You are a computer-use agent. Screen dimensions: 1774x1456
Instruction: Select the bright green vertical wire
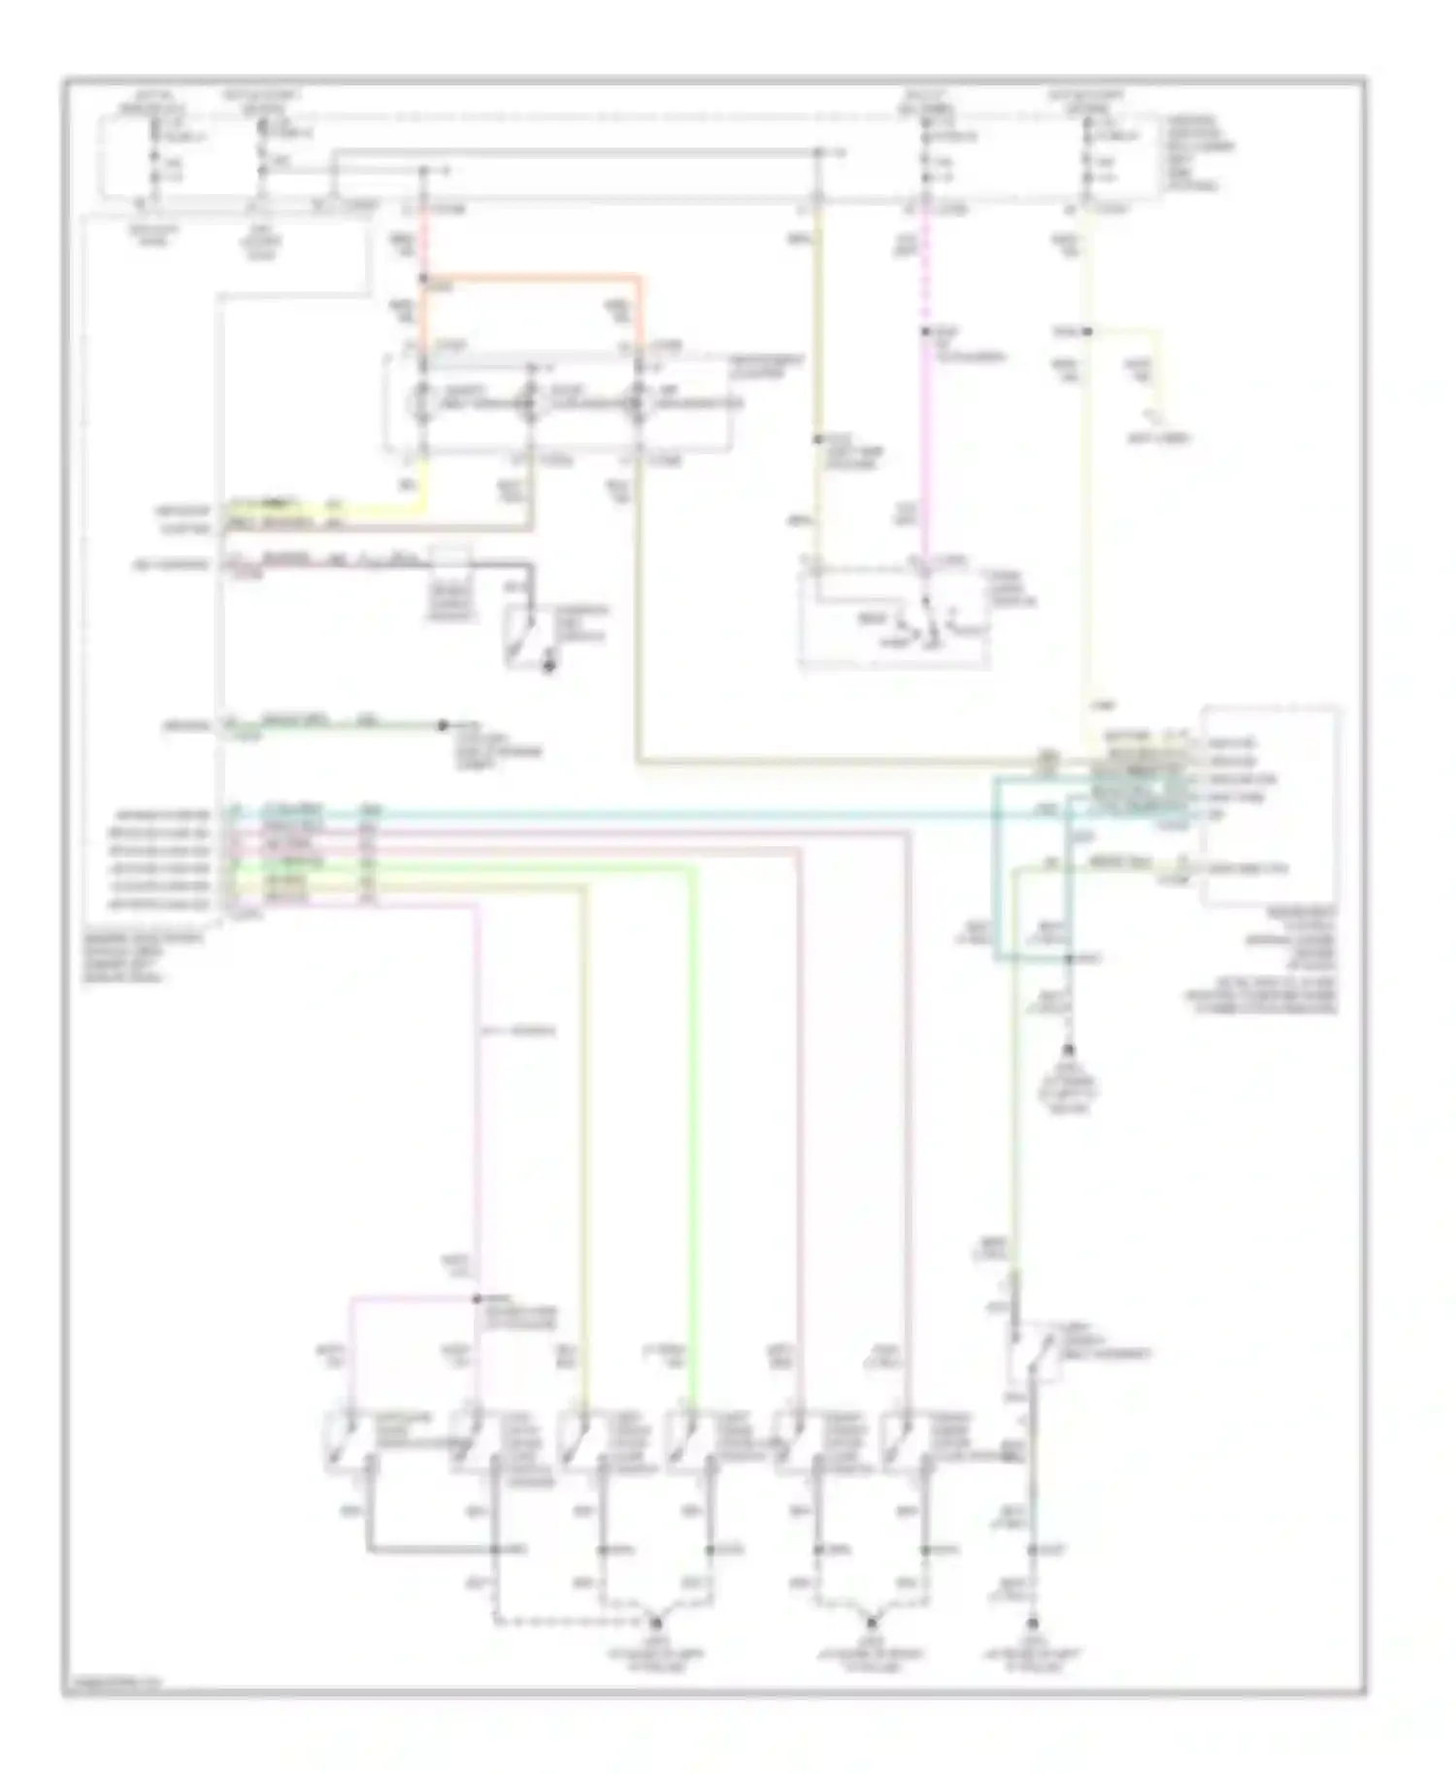(x=694, y=1116)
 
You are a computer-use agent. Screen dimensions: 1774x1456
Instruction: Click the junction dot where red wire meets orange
(x=423, y=280)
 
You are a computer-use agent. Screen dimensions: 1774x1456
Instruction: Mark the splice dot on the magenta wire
(x=926, y=332)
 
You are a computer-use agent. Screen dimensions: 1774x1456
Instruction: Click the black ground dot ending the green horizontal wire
(x=443, y=725)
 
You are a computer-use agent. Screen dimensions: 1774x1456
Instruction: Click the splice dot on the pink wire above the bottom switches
(x=478, y=1298)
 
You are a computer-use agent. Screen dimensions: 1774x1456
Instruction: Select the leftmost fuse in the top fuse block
(x=151, y=155)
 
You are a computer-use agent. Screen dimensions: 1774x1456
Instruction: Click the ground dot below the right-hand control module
(x=1069, y=1050)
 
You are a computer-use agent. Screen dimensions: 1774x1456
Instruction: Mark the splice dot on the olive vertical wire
(x=818, y=439)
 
